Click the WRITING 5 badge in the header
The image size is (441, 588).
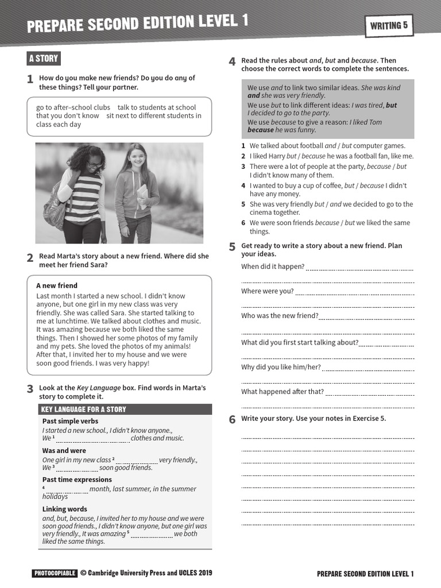(x=389, y=25)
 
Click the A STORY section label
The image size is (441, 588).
(x=44, y=59)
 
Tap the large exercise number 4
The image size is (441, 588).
(x=232, y=62)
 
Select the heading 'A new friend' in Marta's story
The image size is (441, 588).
(x=57, y=285)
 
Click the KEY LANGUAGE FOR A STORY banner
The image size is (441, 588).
(x=84, y=409)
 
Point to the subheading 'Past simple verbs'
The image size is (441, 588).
(x=70, y=421)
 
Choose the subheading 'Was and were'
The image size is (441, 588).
(x=64, y=451)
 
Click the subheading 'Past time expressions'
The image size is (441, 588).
(x=77, y=479)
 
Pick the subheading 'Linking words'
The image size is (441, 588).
(x=65, y=509)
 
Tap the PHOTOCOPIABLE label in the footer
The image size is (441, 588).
(x=55, y=573)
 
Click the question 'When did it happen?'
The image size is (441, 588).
(x=273, y=266)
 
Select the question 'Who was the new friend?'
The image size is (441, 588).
(x=280, y=316)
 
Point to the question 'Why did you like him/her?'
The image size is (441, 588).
(x=281, y=367)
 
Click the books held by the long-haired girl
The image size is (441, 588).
(x=142, y=196)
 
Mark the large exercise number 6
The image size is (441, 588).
(x=233, y=420)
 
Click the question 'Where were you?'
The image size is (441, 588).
(x=268, y=291)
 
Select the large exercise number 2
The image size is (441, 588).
(x=30, y=258)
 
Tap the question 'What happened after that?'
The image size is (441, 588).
(x=283, y=392)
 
